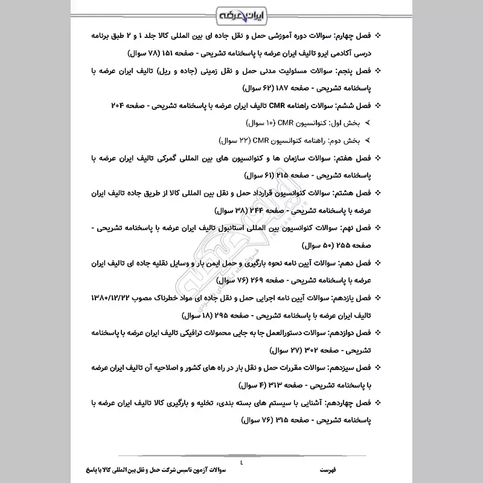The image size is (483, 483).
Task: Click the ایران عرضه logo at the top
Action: [x=241, y=13]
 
